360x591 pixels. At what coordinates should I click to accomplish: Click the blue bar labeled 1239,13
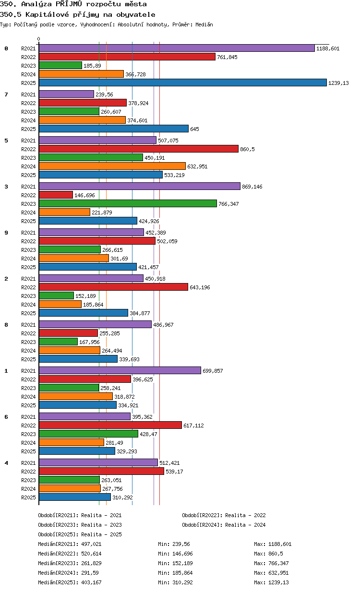tap(182, 83)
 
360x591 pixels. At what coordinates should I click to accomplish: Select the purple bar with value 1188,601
tap(177, 48)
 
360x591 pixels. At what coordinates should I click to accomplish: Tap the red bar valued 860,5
tap(139, 149)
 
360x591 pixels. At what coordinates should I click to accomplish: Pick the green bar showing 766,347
tap(128, 204)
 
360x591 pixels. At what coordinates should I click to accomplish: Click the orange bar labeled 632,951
tap(112, 166)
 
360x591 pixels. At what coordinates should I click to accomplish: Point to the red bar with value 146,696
tap(56, 195)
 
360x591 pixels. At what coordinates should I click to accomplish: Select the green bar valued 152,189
tap(56, 296)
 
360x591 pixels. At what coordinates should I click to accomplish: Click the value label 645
tap(194, 129)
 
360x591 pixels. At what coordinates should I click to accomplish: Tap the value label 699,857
tap(213, 371)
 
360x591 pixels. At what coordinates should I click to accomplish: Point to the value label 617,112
tap(193, 426)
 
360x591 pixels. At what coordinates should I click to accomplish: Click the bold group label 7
tap(6, 95)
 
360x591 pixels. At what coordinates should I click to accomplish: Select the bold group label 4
tap(6, 463)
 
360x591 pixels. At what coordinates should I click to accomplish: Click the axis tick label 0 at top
tap(38, 39)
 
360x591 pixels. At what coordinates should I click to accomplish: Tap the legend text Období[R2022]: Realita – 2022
tap(224, 515)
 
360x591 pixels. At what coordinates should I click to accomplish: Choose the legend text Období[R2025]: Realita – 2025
tap(80, 534)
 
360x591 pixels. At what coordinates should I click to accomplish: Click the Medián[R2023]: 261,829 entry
tap(70, 563)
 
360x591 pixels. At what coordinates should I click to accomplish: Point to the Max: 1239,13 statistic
tap(271, 582)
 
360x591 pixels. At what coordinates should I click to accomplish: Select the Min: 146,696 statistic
tap(176, 554)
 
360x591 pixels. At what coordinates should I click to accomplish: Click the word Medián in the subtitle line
tap(204, 24)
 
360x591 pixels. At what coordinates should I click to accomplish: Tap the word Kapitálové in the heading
tap(47, 14)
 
